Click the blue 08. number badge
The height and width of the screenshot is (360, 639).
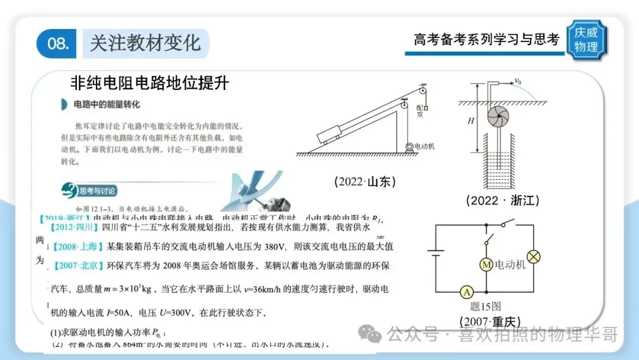(x=57, y=44)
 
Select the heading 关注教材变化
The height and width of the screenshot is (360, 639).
(x=145, y=43)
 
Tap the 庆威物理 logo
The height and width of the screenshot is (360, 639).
(x=586, y=40)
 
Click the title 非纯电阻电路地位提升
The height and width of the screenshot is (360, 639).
(x=149, y=82)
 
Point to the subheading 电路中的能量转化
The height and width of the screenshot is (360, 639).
(x=106, y=105)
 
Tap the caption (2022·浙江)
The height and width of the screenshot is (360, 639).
(x=502, y=200)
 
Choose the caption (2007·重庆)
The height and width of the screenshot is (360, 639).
(x=490, y=322)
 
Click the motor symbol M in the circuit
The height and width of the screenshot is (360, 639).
(x=486, y=265)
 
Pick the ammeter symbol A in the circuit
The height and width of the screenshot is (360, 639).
(x=467, y=291)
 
